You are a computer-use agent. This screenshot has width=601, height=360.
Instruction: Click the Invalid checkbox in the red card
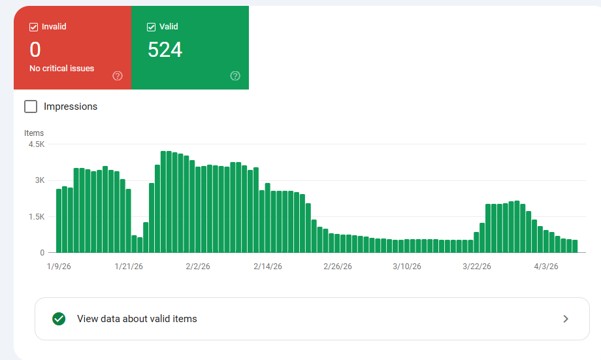click(33, 27)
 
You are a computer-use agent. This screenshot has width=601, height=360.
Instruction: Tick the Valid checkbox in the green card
click(151, 27)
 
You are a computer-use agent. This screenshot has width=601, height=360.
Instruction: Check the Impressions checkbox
click(31, 106)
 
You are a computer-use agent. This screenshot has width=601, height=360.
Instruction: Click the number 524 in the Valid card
click(165, 50)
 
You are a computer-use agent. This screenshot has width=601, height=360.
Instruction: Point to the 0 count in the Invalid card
click(35, 50)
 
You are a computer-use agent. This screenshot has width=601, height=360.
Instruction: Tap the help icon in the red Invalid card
click(118, 76)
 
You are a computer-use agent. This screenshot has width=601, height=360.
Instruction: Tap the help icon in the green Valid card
click(235, 76)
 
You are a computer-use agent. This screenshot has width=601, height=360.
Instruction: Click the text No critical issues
click(62, 69)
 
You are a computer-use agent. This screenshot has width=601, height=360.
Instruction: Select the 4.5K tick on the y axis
click(36, 144)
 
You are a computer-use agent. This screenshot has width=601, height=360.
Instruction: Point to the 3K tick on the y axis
click(39, 180)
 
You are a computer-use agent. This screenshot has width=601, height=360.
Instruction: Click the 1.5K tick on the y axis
click(36, 216)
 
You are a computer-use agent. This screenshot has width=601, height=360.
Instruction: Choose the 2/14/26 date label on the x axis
click(268, 267)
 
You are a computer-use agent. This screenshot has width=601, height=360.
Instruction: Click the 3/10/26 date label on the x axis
click(407, 267)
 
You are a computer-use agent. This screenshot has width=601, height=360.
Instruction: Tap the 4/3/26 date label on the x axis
click(546, 267)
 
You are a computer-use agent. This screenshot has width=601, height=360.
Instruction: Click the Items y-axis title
click(34, 133)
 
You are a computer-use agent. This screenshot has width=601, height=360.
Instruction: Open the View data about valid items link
click(137, 319)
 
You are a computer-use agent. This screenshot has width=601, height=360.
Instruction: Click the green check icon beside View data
click(59, 319)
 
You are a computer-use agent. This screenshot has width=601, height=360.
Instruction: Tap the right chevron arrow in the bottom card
click(566, 319)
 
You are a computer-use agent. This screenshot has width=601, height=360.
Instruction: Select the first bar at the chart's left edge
click(59, 221)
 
